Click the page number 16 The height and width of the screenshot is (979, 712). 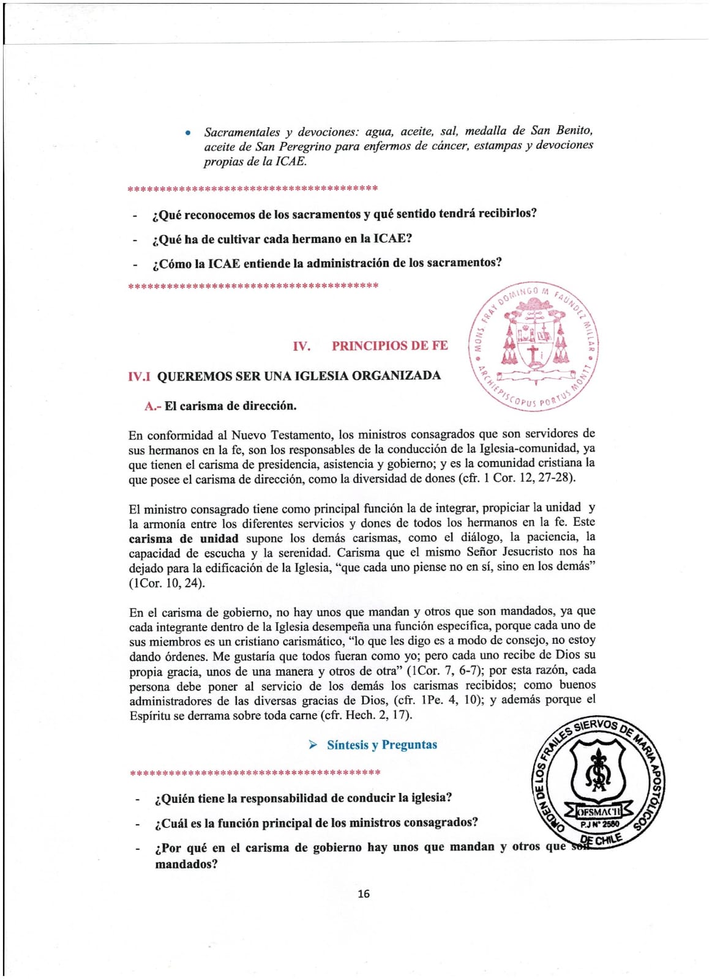point(363,894)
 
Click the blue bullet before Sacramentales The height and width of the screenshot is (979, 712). point(189,133)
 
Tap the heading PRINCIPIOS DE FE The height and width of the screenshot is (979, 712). point(389,346)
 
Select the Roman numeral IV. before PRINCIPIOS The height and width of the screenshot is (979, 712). point(301,346)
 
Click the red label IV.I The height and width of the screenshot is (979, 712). point(139,376)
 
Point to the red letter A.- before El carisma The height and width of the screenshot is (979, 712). point(152,406)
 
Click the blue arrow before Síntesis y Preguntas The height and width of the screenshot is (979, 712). point(313,745)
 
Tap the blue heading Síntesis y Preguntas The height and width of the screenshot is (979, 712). point(381,745)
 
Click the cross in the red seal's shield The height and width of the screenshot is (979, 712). point(534,354)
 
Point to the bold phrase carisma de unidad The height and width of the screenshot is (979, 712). point(183,539)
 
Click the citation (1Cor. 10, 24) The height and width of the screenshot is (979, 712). point(167,583)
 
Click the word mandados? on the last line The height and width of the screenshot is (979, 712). point(186,865)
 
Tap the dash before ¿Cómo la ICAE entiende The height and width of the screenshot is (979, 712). point(134,265)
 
